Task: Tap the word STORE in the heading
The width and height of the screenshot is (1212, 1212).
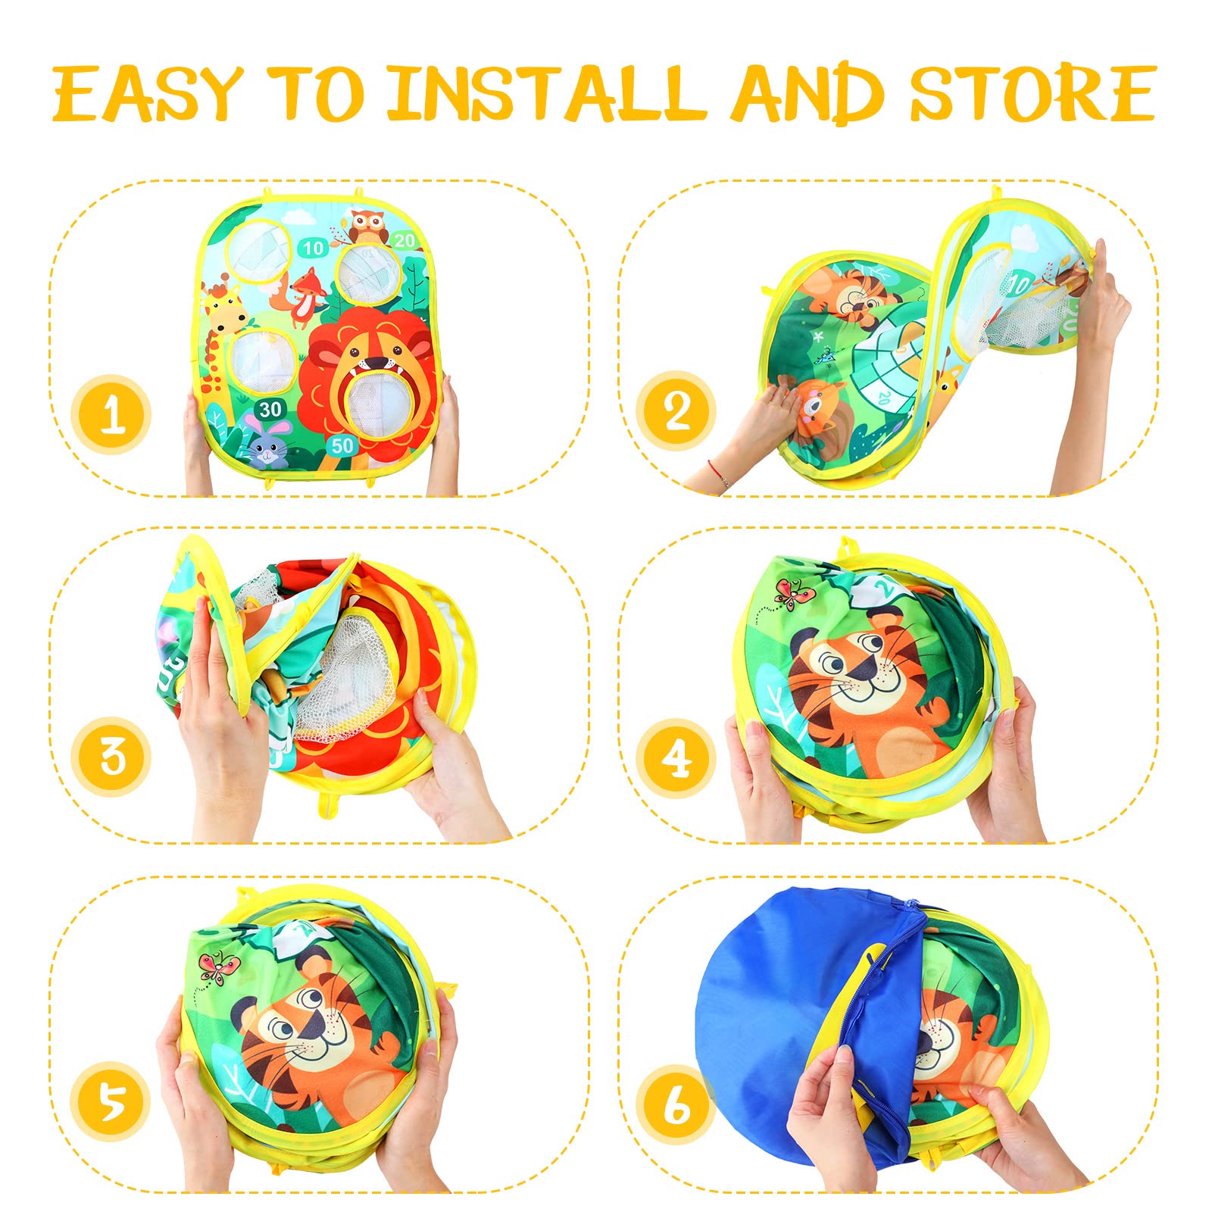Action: coord(1033,94)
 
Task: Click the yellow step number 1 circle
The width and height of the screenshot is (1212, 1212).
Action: coord(111,414)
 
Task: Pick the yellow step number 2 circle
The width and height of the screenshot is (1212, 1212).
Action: coord(676,411)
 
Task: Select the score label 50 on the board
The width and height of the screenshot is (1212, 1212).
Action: coord(342,445)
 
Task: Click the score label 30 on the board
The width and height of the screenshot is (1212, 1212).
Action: coord(270,410)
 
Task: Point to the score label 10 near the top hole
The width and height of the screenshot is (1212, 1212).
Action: coord(313,247)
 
